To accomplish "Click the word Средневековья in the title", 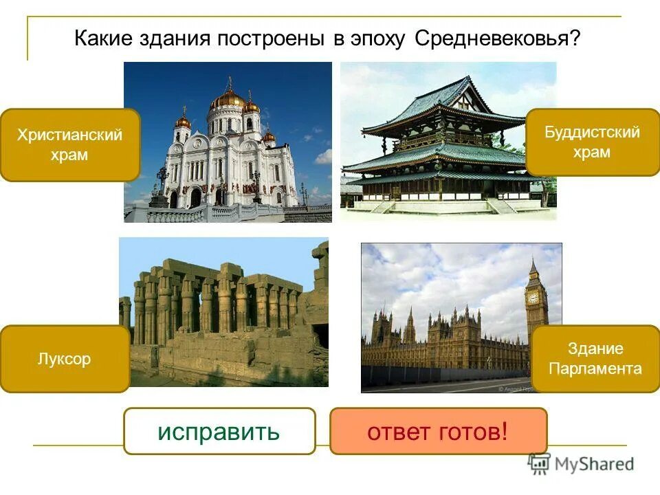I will click(491, 38).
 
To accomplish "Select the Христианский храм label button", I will click(70, 144).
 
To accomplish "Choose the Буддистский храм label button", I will click(592, 142).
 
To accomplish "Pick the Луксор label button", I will click(65, 359).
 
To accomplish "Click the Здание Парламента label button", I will click(595, 359).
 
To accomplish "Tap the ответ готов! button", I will click(438, 432).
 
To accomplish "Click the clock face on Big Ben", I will click(533, 298).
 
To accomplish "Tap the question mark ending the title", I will click(574, 38).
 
